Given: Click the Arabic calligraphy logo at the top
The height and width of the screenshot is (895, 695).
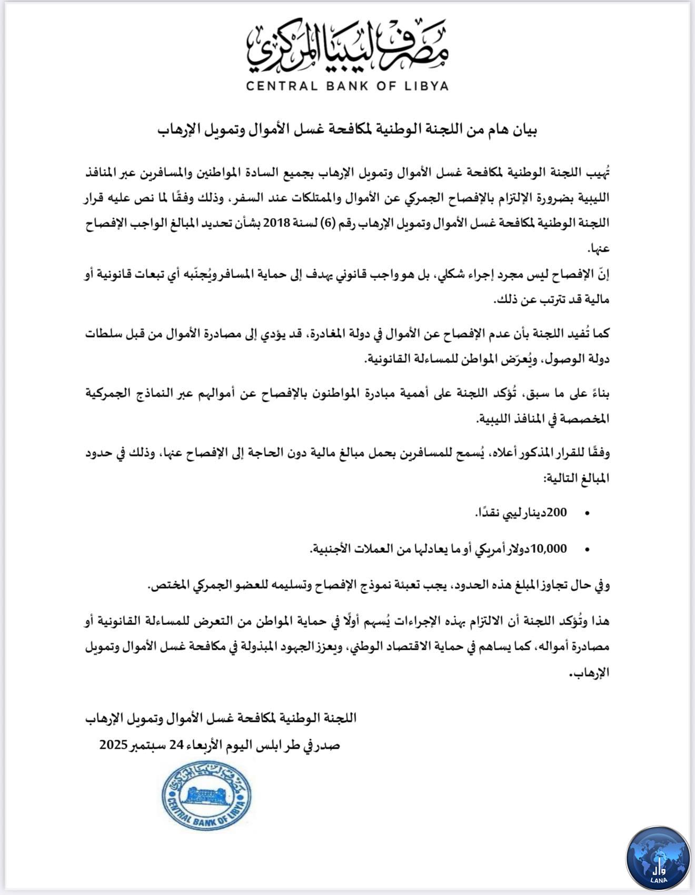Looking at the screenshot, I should tap(347, 47).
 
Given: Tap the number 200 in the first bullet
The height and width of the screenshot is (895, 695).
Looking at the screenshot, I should tap(557, 512).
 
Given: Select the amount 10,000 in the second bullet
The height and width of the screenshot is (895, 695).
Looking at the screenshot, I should tap(549, 549).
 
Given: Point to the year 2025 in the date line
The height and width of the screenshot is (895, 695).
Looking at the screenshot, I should tap(114, 745).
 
